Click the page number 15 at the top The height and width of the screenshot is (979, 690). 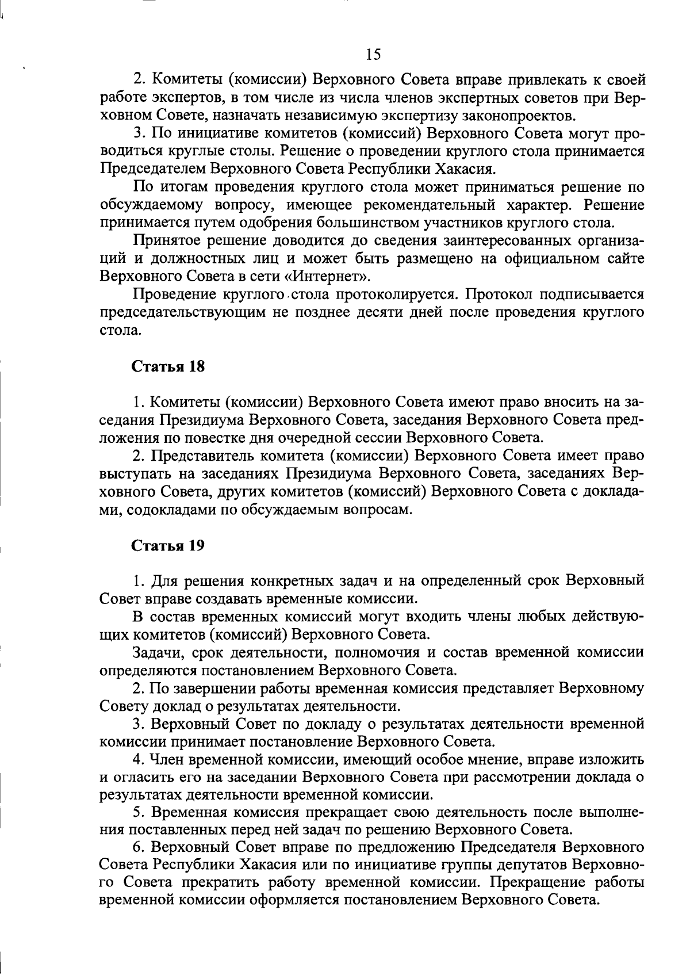point(373,55)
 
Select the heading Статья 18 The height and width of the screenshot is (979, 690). point(168,367)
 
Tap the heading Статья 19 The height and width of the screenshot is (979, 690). point(168,545)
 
